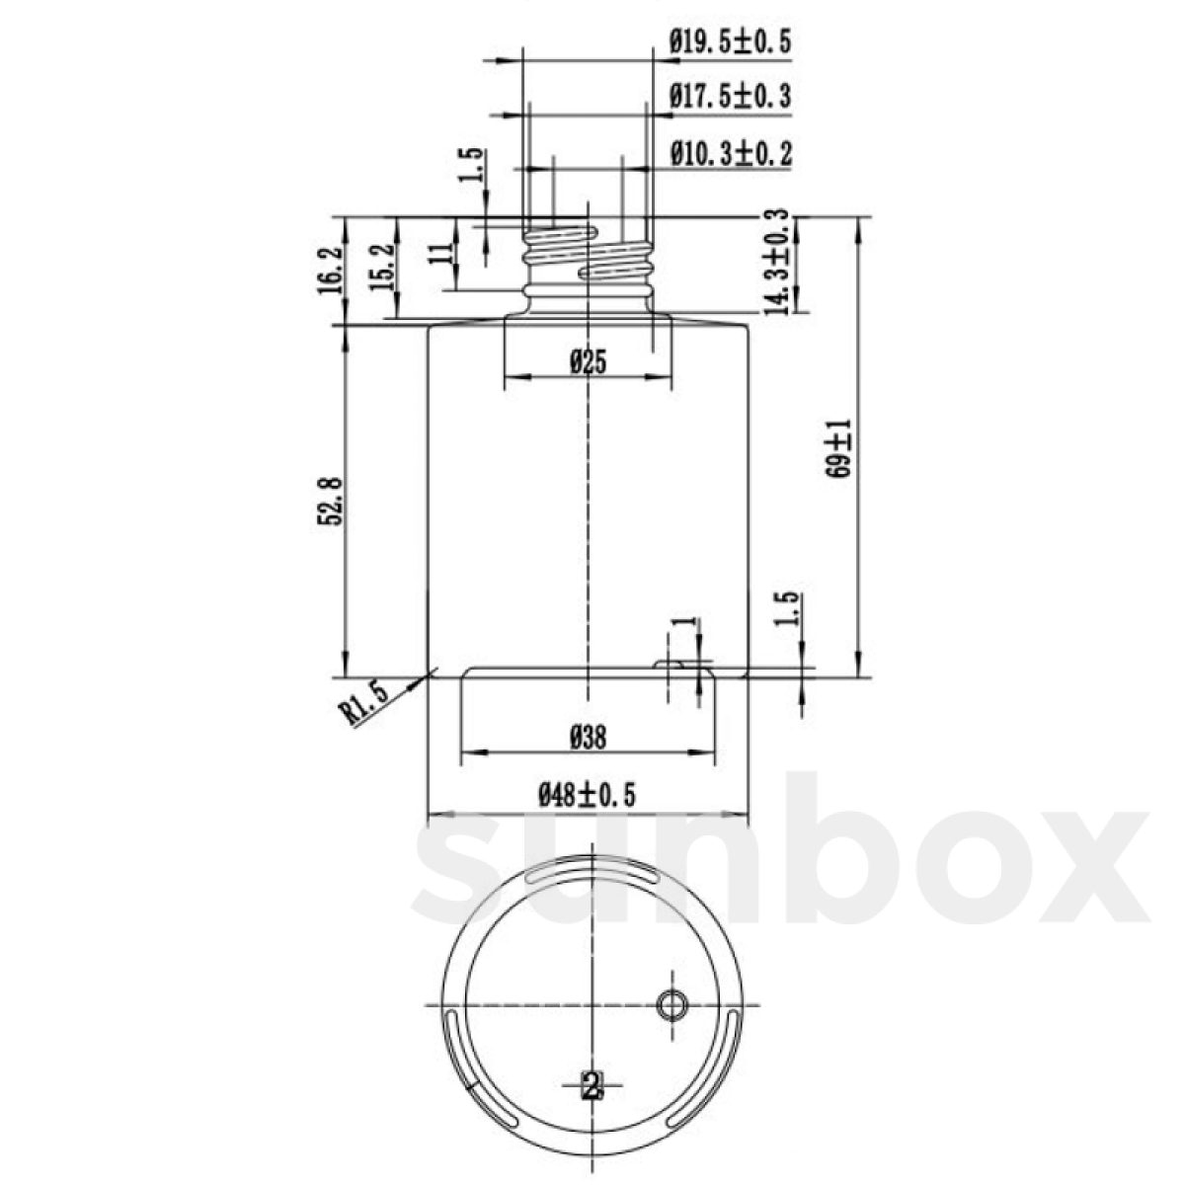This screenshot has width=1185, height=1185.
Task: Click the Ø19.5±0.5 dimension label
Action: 730,41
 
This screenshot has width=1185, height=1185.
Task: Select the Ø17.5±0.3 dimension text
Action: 730,97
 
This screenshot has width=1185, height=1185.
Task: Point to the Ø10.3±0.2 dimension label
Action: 730,154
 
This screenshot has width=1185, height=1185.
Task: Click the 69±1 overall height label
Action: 838,449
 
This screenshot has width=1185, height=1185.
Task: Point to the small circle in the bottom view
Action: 672,1005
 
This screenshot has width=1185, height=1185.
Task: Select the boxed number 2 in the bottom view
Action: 591,1087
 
